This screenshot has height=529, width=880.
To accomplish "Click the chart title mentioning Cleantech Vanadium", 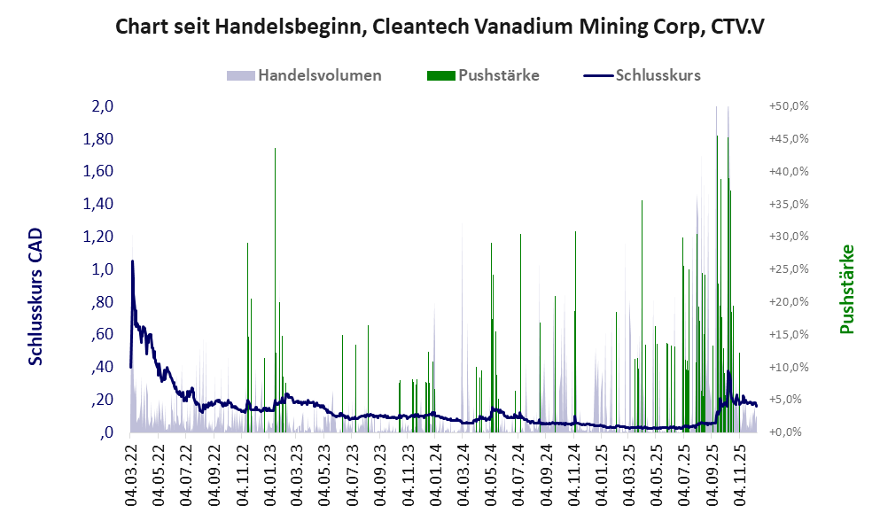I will pos(440,27).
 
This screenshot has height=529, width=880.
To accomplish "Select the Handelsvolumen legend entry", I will pos(305,75).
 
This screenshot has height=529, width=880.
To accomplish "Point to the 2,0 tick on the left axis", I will pos(103,106).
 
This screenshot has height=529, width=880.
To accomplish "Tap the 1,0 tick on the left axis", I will pos(103,269).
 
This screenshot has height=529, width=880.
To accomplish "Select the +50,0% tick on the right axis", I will pos(788,106).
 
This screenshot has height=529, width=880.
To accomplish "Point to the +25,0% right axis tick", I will pos(788,269).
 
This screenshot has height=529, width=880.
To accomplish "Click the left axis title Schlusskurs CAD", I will pos(36,296).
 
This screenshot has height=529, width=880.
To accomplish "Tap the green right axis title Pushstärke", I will pos(846,290).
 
